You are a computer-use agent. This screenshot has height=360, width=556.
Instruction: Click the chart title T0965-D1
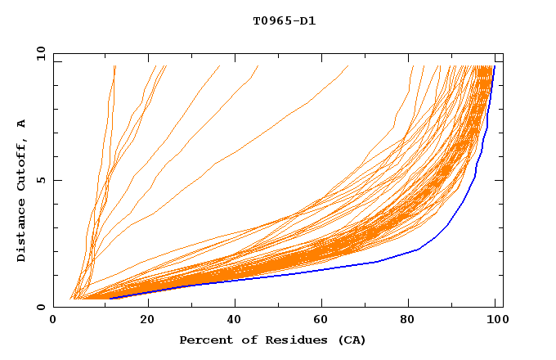[284, 21]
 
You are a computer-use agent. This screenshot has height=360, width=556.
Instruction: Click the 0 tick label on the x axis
[54, 320]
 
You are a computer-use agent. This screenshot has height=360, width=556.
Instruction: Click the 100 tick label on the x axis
[495, 320]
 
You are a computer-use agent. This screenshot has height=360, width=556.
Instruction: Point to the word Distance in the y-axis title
[21, 232]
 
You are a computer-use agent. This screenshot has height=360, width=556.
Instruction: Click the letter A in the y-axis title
[21, 124]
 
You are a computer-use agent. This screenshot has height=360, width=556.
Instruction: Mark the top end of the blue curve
[494, 66]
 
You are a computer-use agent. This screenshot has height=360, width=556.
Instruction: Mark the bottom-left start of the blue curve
[109, 299]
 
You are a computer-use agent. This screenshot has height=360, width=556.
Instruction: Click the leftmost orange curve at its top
[114, 66]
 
